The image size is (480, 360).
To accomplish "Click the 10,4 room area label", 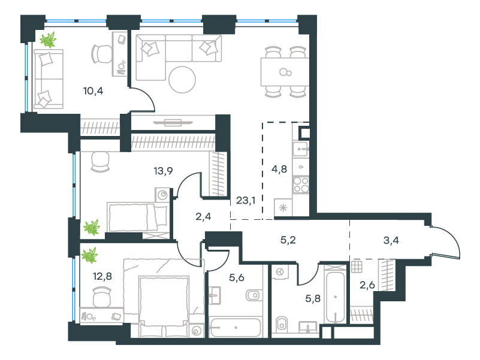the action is (93, 91).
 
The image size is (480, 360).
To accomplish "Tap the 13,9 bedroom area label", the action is (163, 171).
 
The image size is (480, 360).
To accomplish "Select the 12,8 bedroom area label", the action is (102, 276).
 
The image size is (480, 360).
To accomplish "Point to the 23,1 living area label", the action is (246, 201).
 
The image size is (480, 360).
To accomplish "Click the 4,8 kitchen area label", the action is (279, 169).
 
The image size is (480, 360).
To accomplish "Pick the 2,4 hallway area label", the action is (203, 217).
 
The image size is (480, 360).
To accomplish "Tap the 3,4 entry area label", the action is (391, 240).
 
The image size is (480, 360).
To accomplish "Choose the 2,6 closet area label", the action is (367, 285).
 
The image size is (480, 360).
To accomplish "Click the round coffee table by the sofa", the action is (182, 80).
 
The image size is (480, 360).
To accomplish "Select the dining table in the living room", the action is (285, 72).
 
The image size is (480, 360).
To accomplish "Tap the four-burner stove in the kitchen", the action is (301, 184).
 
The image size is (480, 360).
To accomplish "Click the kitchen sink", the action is (300, 149).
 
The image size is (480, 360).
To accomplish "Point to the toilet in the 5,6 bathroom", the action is (253, 295).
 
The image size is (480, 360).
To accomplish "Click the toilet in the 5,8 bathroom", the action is (281, 325).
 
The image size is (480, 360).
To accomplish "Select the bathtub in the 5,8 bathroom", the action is (336, 297).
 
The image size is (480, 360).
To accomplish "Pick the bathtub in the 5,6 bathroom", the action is (235, 327).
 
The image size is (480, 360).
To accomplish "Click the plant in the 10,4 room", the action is (49, 40).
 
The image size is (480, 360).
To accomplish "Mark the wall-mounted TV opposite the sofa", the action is (173, 123).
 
